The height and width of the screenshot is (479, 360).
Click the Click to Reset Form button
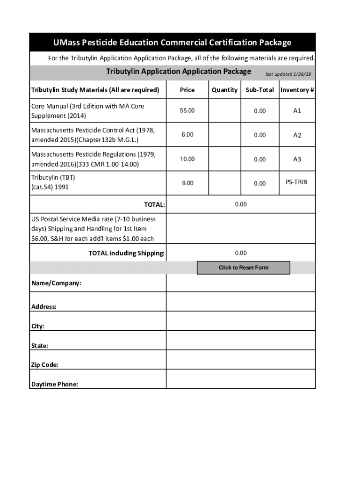point(243,268)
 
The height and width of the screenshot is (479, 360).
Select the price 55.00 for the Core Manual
point(187,110)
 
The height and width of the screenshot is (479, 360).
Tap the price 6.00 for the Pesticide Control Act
point(187,135)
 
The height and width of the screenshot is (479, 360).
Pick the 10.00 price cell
point(187,159)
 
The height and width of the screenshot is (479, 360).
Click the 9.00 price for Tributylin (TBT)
point(187,183)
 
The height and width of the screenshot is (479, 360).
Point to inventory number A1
point(297,111)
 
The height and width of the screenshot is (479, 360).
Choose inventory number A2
point(297,135)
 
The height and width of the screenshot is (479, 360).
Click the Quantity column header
point(224,90)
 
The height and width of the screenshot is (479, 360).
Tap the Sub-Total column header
point(259,90)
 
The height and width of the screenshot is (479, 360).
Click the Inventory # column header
point(297,90)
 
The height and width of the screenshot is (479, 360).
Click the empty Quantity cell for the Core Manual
point(224,111)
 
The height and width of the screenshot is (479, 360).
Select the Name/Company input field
point(241,283)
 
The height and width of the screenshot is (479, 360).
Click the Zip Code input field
point(241,360)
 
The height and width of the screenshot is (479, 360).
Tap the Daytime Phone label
point(55,384)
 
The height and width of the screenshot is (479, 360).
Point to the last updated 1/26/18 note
point(288,74)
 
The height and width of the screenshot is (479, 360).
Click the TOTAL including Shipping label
point(126,254)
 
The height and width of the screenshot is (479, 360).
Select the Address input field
point(241,302)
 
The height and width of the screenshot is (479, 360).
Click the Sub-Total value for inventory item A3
point(259,160)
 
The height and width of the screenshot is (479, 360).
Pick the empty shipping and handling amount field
point(241,229)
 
